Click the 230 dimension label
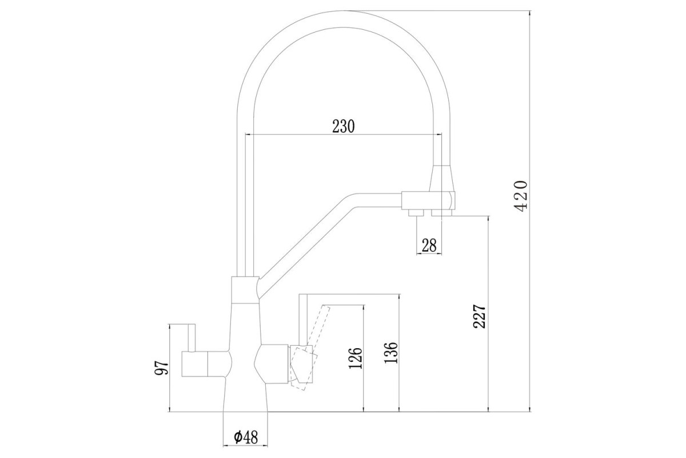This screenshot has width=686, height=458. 344,126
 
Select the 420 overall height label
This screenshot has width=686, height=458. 520,196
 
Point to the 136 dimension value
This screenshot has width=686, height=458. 391,353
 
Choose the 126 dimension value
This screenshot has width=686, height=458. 356,358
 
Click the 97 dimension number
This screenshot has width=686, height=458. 161,368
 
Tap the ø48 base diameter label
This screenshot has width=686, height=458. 246,437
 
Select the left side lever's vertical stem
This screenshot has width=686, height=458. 192,338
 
